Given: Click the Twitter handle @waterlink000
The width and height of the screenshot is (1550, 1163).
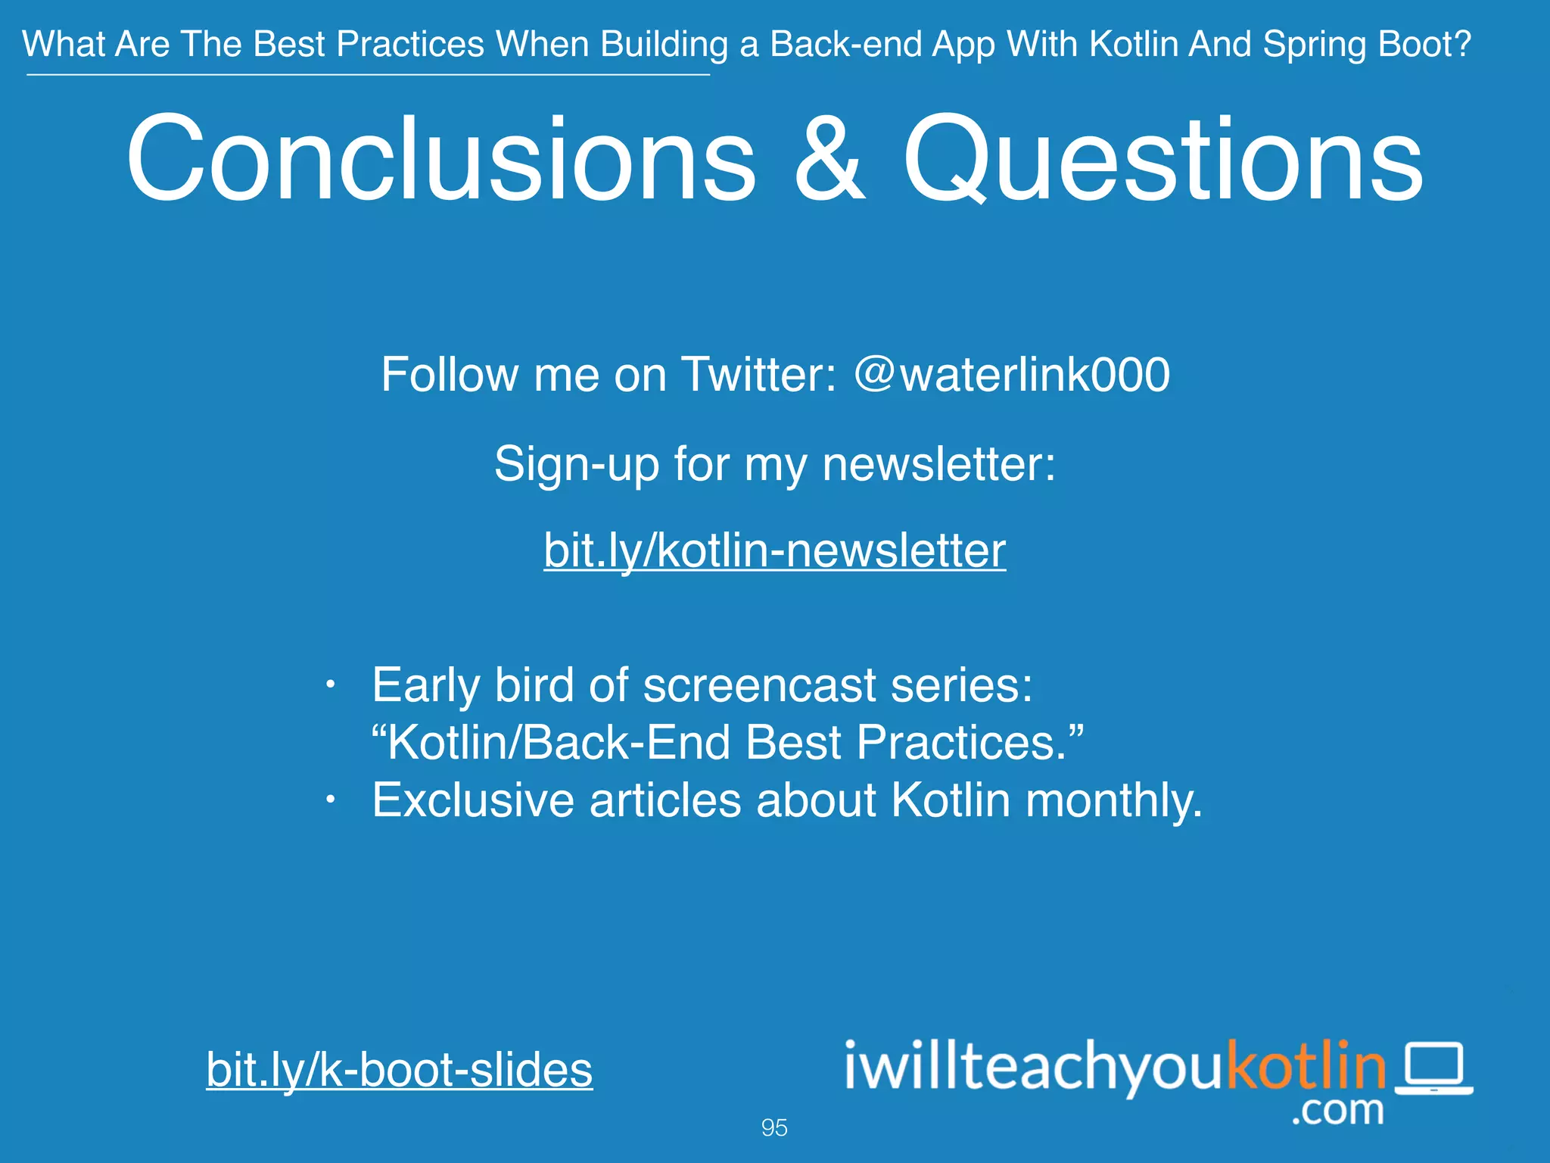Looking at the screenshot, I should tap(1012, 374).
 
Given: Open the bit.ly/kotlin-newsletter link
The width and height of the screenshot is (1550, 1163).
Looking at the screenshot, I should tap(774, 550).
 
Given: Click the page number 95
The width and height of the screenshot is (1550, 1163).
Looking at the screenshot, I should tap(774, 1127).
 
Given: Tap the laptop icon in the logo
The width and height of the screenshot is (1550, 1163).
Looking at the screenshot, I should tap(1434, 1068).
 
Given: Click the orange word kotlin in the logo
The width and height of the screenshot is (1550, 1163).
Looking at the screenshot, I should tap(1306, 1065).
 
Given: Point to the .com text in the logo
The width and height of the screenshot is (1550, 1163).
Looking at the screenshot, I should tap(1337, 1111).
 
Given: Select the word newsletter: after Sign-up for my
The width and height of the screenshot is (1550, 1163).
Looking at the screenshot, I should tap(938, 463).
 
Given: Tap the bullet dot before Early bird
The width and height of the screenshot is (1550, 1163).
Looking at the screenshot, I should tap(329, 685).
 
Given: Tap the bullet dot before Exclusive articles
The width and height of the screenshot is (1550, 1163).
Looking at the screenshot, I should tap(329, 800).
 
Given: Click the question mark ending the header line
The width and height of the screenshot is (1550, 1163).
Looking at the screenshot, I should tap(1463, 44).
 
